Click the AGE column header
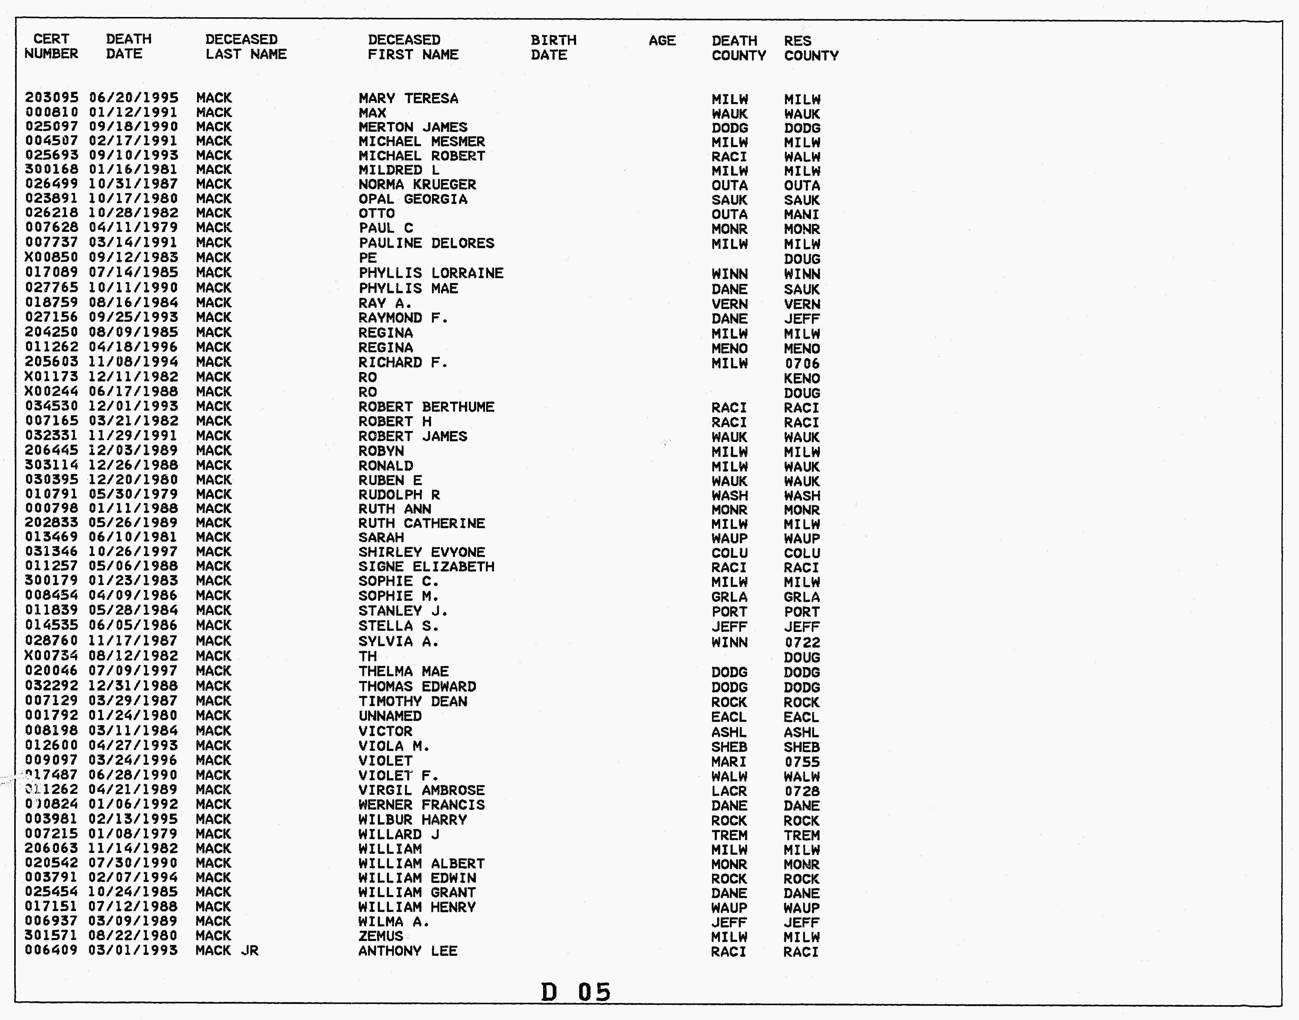[x=662, y=41]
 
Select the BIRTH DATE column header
[x=553, y=48]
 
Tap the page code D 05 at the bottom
[x=576, y=992]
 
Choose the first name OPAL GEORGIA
[x=413, y=199]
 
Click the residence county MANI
[x=802, y=214]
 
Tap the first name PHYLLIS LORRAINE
[x=430, y=273]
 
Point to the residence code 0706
[x=802, y=364]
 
